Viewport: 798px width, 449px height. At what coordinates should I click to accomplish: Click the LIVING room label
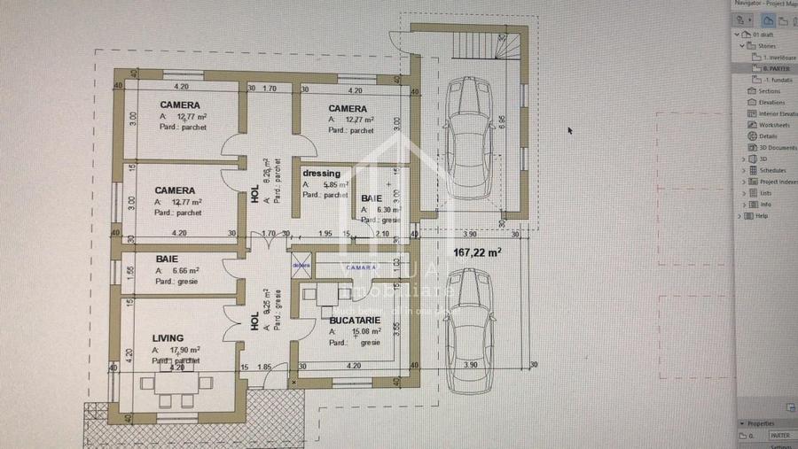[x=168, y=337]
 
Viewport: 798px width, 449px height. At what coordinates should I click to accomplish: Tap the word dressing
[x=321, y=174]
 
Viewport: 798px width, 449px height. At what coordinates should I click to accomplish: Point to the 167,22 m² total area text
[x=477, y=252]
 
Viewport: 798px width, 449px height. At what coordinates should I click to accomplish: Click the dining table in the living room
[x=176, y=383]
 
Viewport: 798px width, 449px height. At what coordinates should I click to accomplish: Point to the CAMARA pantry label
[x=360, y=266]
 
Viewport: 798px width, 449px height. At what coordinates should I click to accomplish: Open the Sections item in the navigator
[x=769, y=90]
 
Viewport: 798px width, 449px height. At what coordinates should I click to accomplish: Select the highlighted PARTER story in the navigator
[x=775, y=68]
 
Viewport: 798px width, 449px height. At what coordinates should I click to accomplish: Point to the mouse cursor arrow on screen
[x=570, y=130]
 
